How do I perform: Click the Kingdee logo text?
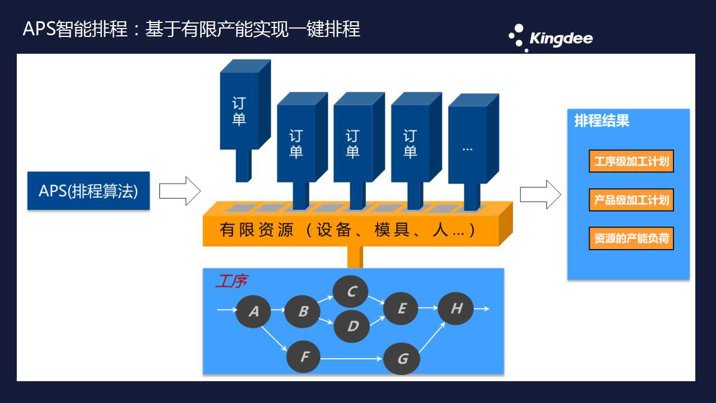pyautogui.click(x=561, y=39)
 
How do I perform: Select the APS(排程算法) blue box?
pyautogui.click(x=88, y=191)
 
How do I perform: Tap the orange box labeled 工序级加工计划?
pyautogui.click(x=632, y=161)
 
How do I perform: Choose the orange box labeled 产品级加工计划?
pyautogui.click(x=632, y=200)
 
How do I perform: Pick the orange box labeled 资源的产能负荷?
pyautogui.click(x=632, y=238)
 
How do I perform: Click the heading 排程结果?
pyautogui.click(x=602, y=121)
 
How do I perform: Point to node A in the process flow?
pyautogui.click(x=253, y=311)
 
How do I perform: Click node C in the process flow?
pyautogui.click(x=351, y=292)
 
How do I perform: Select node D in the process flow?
pyautogui.click(x=352, y=326)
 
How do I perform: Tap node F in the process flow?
pyautogui.click(x=304, y=357)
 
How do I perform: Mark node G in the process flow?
pyautogui.click(x=402, y=359)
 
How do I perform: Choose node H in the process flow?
pyautogui.click(x=455, y=308)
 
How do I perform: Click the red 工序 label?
pyautogui.click(x=232, y=281)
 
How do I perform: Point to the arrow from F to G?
pyautogui.click(x=351, y=359)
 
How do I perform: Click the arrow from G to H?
pyautogui.click(x=432, y=338)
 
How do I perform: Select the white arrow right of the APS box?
pyautogui.click(x=180, y=191)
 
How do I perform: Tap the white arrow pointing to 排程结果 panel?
pyautogui.click(x=540, y=194)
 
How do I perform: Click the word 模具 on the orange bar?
pyautogui.click(x=392, y=229)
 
